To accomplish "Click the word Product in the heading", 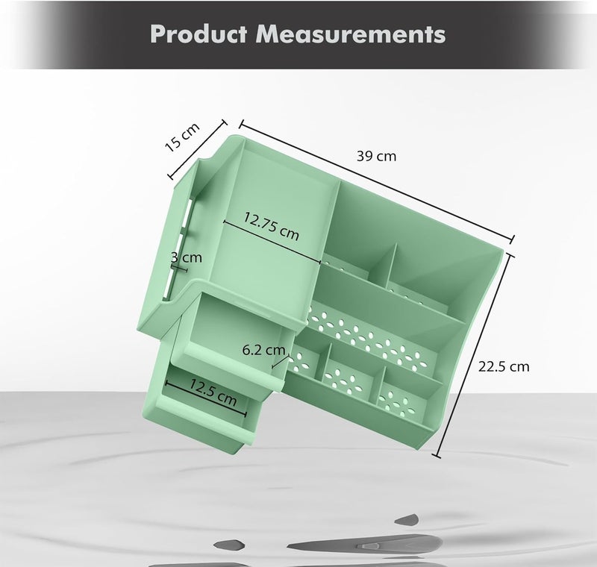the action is point(199,34).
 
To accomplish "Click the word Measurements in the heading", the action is point(351,34).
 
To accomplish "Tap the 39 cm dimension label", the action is point(377,156).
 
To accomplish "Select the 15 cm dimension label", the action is point(182,137).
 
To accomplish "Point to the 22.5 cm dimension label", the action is point(504,366).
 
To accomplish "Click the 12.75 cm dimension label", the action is point(272,226).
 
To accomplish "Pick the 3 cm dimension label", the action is point(186,257).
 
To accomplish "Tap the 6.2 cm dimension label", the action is point(264,350).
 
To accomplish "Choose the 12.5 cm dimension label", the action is point(213,392).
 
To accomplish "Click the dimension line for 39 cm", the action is point(377,181).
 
